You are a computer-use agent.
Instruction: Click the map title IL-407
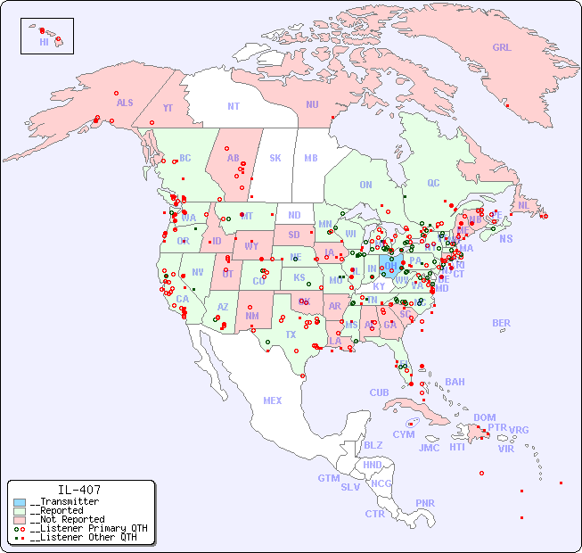[79, 490]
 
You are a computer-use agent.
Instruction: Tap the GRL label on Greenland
[502, 48]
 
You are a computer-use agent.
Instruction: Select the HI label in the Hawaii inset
[44, 42]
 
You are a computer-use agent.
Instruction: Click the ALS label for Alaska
[125, 103]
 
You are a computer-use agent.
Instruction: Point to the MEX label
[273, 400]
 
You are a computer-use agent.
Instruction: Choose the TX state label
[291, 334]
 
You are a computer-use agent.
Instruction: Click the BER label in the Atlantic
[502, 323]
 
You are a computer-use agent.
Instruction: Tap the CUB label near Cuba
[380, 392]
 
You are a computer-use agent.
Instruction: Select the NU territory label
[312, 104]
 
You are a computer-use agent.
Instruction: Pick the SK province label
[275, 158]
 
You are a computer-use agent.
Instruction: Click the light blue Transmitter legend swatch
[20, 502]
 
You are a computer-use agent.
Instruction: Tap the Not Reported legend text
[67, 519]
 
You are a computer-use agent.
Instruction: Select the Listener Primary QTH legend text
[88, 528]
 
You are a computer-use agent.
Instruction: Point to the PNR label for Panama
[425, 503]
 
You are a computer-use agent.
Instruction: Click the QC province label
[433, 183]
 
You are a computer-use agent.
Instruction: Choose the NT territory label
[234, 106]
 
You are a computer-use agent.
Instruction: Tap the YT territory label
[168, 108]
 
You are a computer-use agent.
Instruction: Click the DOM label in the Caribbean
[484, 417]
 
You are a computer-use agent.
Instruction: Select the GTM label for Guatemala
[329, 478]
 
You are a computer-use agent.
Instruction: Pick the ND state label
[294, 215]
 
